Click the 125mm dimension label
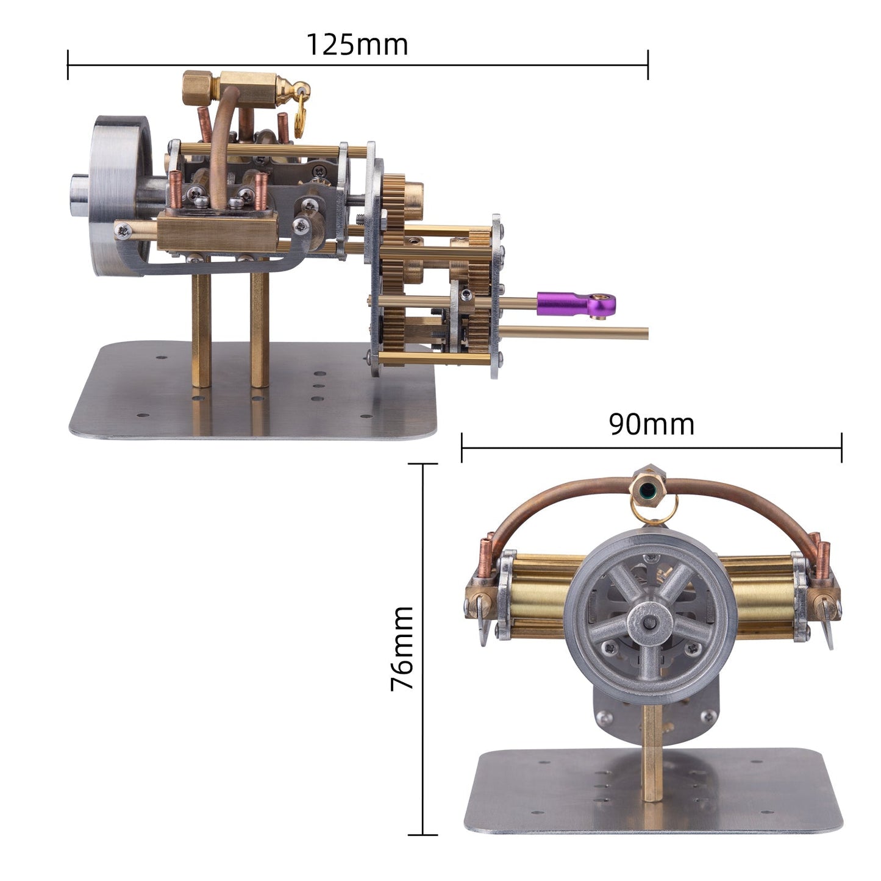point(357,45)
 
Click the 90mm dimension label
point(651,424)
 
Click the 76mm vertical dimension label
point(402,647)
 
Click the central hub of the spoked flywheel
point(651,622)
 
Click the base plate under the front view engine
point(652,793)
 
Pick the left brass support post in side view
point(201,329)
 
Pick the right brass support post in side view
point(260,329)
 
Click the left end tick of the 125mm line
point(68,65)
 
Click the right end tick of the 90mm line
point(841,448)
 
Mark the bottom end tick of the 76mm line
point(423,835)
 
